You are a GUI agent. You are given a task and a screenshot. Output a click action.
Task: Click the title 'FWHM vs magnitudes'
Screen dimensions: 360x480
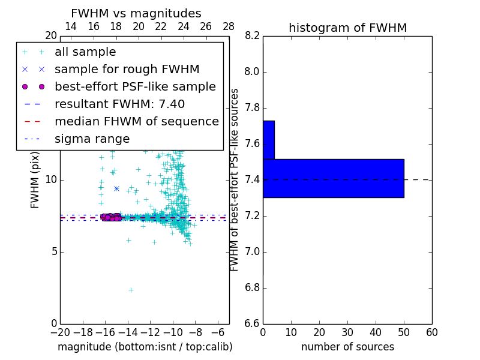(x=136, y=14)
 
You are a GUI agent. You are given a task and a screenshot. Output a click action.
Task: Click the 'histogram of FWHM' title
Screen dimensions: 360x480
(x=347, y=28)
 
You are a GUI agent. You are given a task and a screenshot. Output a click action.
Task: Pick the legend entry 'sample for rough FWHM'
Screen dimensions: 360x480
(x=127, y=70)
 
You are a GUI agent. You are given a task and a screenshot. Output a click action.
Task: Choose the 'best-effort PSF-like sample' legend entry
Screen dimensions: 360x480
(x=135, y=87)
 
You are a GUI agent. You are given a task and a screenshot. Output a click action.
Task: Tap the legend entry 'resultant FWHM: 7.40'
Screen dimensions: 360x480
(x=119, y=104)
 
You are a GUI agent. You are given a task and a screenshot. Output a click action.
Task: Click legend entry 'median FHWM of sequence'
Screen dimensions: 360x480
(x=136, y=122)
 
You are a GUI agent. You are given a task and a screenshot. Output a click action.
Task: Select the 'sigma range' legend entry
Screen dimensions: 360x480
(x=92, y=139)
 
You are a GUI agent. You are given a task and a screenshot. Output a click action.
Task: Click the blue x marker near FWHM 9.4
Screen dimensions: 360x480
(x=116, y=188)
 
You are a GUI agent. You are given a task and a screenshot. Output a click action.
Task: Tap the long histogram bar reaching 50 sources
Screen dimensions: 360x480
(x=333, y=178)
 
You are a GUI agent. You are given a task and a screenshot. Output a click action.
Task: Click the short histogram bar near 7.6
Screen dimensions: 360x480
(x=268, y=140)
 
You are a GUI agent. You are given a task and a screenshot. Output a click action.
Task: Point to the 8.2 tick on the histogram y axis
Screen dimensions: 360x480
(x=253, y=36)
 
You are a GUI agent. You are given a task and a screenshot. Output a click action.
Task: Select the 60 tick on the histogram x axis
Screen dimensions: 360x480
(x=431, y=332)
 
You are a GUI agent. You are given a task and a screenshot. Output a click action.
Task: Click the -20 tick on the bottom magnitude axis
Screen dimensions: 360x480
(x=60, y=332)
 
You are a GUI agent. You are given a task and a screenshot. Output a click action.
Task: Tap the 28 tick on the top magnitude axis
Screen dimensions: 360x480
(x=229, y=26)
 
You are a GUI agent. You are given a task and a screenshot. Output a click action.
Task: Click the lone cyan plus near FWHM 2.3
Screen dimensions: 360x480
(x=131, y=290)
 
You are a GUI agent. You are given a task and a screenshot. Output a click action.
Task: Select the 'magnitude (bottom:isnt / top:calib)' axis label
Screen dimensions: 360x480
(x=145, y=347)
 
